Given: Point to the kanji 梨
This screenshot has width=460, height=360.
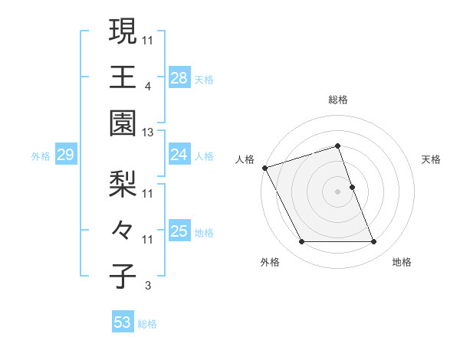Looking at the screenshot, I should [123, 184].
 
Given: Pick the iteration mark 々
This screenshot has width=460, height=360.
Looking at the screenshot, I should [123, 230].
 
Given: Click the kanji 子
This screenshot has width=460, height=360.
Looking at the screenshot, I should [123, 276].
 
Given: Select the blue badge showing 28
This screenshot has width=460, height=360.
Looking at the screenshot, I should [179, 77].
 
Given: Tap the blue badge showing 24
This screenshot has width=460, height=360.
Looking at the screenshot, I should [179, 155].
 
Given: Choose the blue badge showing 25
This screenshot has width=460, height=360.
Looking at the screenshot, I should [179, 231].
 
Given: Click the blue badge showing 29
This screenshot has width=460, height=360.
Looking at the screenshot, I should [65, 155].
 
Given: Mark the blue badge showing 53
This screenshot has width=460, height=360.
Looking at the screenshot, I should [123, 322].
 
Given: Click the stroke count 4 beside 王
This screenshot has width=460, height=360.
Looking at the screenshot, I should [148, 87].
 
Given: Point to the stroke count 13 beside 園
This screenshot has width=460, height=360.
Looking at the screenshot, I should [148, 133].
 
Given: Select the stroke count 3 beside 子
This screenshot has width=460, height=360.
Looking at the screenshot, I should [147, 286].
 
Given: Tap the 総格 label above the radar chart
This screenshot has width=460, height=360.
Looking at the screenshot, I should [338, 100].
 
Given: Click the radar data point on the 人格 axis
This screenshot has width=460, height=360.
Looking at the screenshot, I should [264, 168].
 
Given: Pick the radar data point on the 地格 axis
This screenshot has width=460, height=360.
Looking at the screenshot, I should [373, 242].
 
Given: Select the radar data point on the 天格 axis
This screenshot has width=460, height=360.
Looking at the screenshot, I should [352, 187].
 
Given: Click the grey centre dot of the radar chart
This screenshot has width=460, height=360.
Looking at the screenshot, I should [337, 191].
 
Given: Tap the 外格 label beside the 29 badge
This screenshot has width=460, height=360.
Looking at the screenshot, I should [41, 156].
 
